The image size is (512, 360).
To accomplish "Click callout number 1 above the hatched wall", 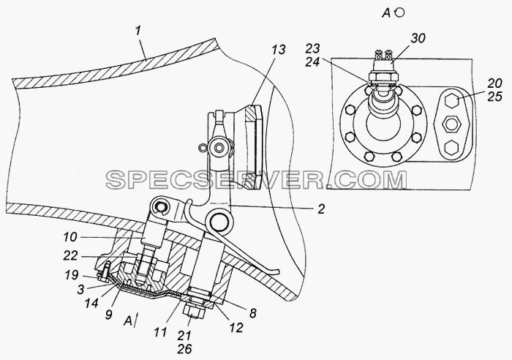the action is pyautogui.click(x=138, y=31).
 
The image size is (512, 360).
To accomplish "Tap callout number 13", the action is pyautogui.click(x=278, y=50).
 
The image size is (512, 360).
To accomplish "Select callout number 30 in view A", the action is pyautogui.click(x=418, y=38).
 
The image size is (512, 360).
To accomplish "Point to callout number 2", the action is pyautogui.click(x=321, y=209).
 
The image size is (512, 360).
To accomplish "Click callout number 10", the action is pyautogui.click(x=70, y=237).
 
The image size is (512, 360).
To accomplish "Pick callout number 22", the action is pyautogui.click(x=70, y=256).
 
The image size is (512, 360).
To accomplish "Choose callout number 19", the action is pyautogui.click(x=71, y=275).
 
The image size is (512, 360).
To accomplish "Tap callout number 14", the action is pyautogui.click(x=91, y=303).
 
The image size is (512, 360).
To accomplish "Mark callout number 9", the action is pyautogui.click(x=108, y=314).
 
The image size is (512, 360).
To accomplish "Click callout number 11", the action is pyautogui.click(x=160, y=332).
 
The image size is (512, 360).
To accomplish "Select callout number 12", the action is pyautogui.click(x=236, y=327).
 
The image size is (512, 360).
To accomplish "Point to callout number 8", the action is pyautogui.click(x=253, y=313).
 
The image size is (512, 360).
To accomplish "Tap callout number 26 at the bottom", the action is pyautogui.click(x=184, y=349).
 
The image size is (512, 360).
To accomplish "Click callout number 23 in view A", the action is pyautogui.click(x=313, y=49).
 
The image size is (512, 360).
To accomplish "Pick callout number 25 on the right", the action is pyautogui.click(x=494, y=97).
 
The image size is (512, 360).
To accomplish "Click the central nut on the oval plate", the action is pyautogui.click(x=451, y=124).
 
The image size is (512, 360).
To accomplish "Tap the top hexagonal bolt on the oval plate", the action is pyautogui.click(x=452, y=100).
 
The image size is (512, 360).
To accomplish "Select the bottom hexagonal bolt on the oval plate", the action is pyautogui.click(x=451, y=148).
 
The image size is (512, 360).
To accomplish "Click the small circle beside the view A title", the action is pyautogui.click(x=399, y=12).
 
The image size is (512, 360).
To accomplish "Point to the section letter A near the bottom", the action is pyautogui.click(x=128, y=321).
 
